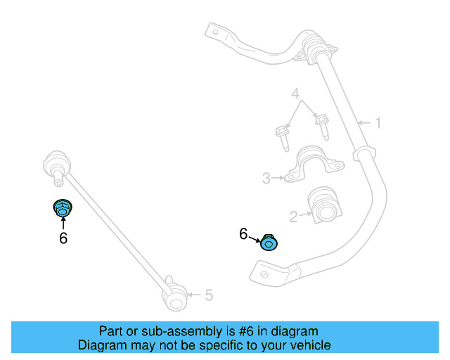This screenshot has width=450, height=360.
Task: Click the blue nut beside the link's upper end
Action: pos(63,209)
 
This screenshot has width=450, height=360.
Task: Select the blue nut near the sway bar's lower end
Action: pos(269,243)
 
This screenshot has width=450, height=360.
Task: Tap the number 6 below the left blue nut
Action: pos(63,238)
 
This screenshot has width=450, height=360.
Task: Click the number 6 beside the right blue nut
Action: pos(244,233)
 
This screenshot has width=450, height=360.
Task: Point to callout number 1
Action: pos(378,124)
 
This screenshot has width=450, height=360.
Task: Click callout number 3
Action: pos(266,179)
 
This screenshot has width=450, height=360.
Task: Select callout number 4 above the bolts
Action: pos(296,94)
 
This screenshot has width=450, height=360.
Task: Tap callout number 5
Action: pos(209,295)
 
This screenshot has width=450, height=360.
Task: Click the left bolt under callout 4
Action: pos(283,136)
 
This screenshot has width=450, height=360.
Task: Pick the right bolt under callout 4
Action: pos(323,127)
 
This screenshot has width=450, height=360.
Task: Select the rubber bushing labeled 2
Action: pos(326,203)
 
